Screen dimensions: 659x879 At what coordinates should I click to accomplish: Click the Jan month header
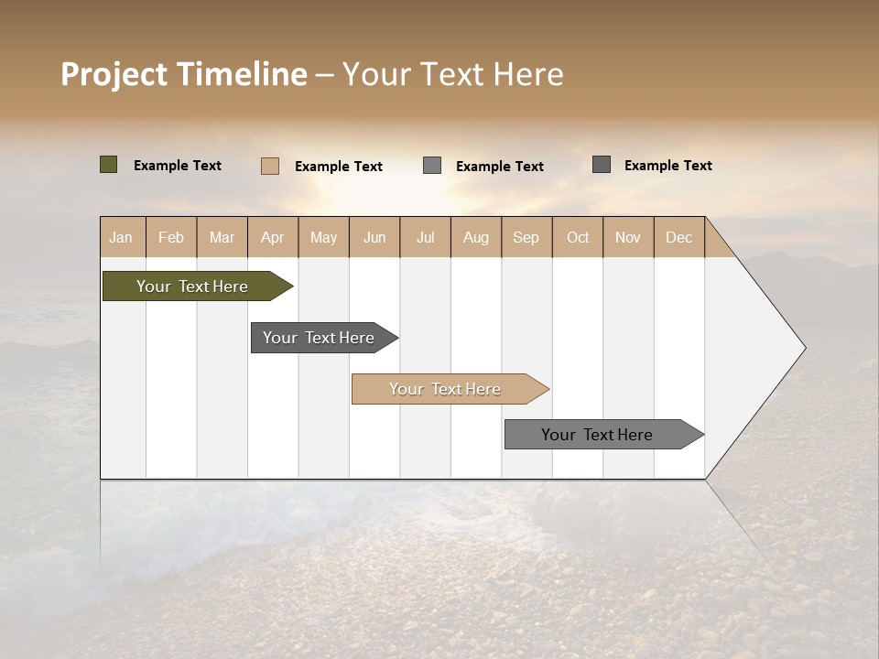click(121, 237)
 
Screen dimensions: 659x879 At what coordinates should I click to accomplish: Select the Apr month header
click(273, 237)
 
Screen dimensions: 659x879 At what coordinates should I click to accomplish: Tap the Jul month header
click(425, 237)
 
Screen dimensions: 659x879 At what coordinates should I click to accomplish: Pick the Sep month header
click(526, 237)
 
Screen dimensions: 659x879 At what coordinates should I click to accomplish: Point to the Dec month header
click(678, 237)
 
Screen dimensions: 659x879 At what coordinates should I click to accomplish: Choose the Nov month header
click(627, 237)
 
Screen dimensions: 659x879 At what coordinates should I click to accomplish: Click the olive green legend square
click(108, 165)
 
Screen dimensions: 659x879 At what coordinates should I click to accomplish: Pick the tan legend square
click(269, 166)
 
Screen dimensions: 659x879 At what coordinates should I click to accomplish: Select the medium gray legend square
click(432, 166)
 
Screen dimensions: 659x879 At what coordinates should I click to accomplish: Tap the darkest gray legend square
click(601, 165)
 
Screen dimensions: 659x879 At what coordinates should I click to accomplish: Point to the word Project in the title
click(114, 74)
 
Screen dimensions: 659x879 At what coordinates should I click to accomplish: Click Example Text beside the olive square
click(178, 166)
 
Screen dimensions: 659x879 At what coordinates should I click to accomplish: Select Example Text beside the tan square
click(339, 167)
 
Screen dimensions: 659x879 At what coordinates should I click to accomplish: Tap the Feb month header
click(171, 237)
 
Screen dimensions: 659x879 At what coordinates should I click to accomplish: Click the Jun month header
click(374, 237)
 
